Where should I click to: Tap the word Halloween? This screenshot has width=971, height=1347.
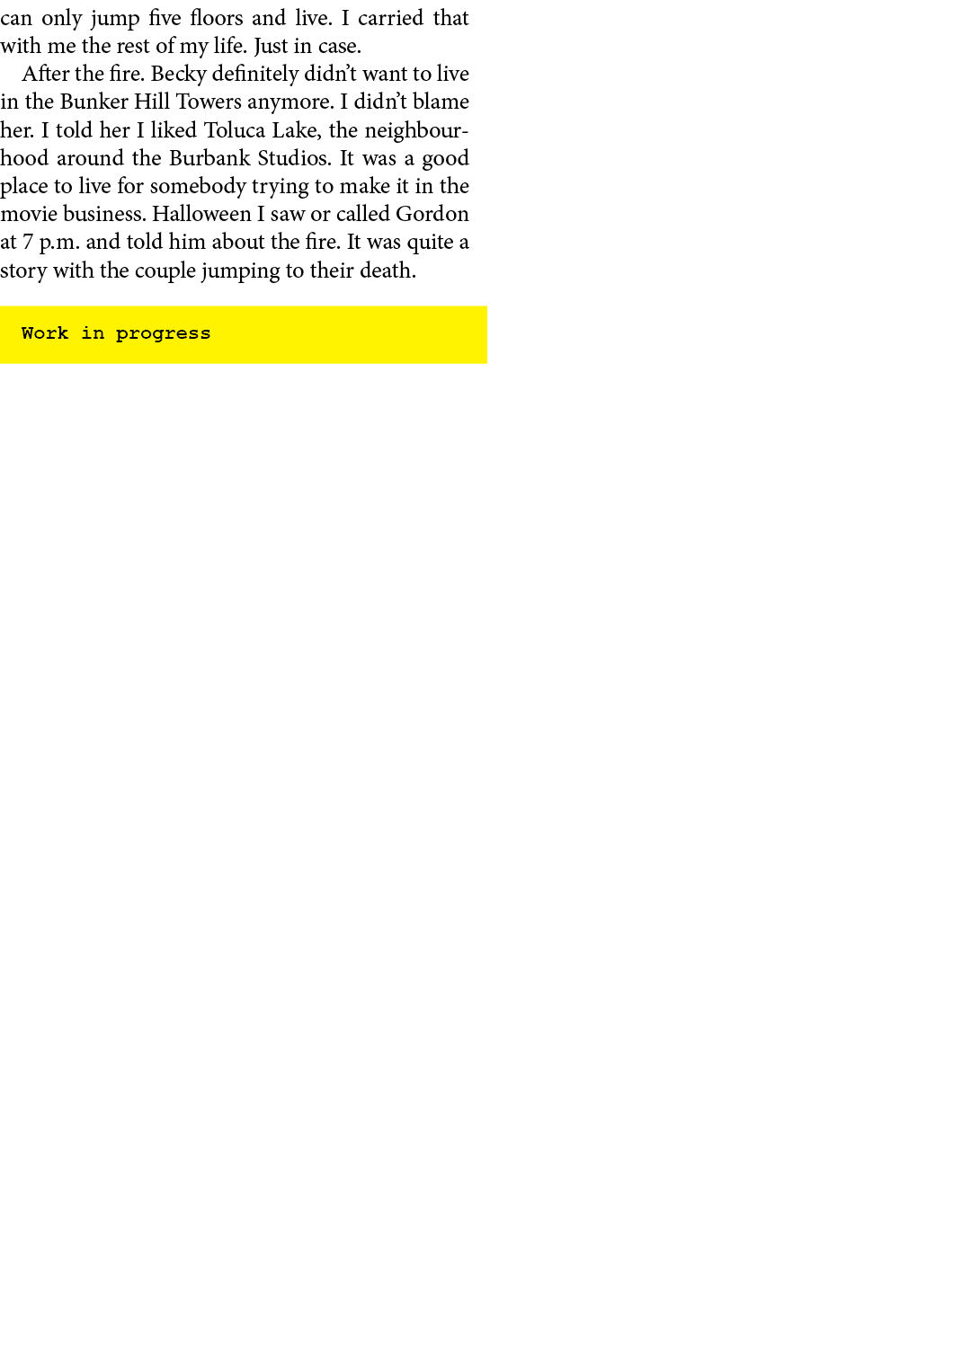(x=201, y=214)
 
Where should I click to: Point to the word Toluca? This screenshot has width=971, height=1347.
(x=235, y=130)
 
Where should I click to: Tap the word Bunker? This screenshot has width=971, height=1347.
(x=94, y=102)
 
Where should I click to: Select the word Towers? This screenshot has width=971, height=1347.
(x=209, y=102)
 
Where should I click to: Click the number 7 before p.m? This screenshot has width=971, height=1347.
(x=28, y=243)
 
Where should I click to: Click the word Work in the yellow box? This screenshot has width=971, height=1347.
(x=45, y=333)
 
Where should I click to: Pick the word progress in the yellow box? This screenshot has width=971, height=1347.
(x=163, y=334)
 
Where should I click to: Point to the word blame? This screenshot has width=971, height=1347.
(x=441, y=102)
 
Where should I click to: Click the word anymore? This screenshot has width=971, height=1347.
(x=290, y=102)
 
